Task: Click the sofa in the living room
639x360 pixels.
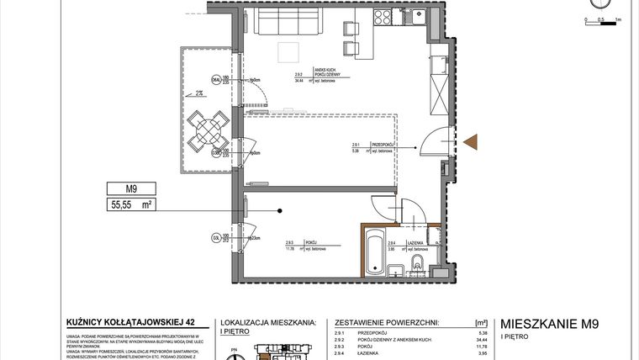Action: coord(287,24)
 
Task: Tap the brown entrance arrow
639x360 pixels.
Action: coord(470,143)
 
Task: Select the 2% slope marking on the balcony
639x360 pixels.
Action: coord(199,93)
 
